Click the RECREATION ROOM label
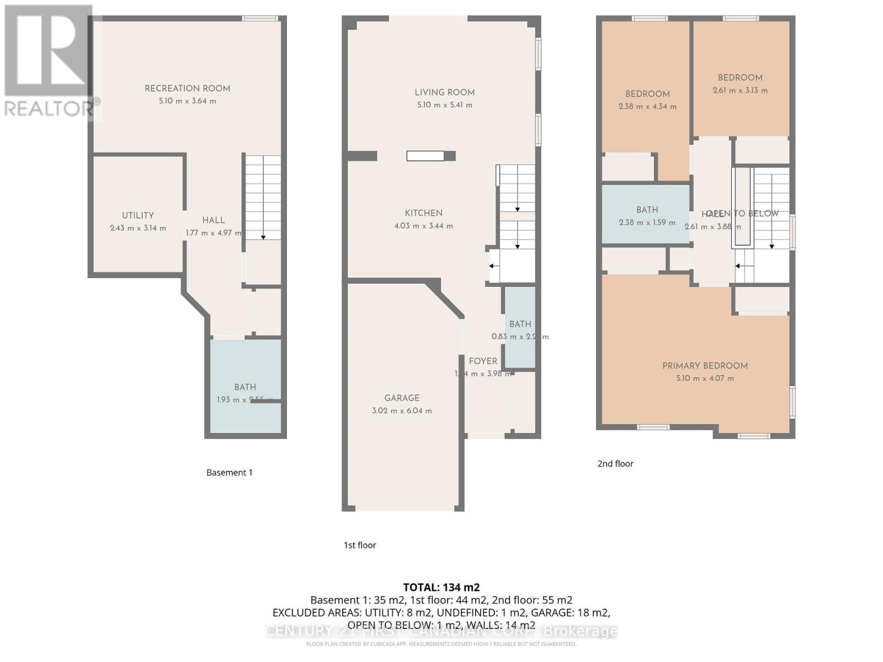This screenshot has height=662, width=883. click(187, 88)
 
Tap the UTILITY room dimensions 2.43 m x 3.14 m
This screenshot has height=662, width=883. click(138, 228)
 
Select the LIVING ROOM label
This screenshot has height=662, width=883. click(445, 92)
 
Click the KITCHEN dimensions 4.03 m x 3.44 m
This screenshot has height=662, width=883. click(423, 226)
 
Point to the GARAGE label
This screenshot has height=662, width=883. click(402, 398)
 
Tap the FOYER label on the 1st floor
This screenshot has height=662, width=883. click(483, 361)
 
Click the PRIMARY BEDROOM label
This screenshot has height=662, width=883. click(705, 366)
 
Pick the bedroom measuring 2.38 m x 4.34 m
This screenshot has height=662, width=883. click(647, 100)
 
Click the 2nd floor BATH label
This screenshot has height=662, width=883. click(647, 210)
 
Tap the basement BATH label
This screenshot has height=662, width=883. click(245, 387)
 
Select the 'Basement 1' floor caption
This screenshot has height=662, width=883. click(229, 472)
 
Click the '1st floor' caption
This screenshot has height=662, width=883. click(360, 545)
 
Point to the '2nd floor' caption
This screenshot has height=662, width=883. click(615, 463)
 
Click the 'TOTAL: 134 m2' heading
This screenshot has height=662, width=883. click(441, 587)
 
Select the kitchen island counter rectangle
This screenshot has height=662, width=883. click(425, 156)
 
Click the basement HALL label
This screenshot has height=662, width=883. click(213, 220)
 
